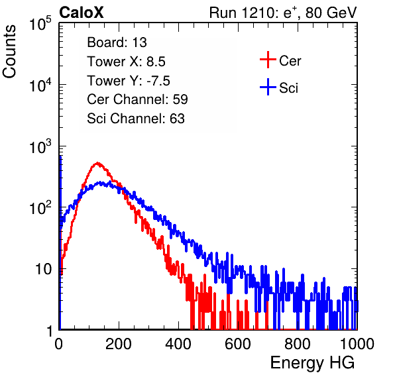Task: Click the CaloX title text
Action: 81,13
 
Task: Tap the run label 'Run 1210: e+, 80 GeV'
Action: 283,13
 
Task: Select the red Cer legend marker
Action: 268,60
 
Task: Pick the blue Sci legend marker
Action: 268,87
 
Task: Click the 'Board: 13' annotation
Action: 117,42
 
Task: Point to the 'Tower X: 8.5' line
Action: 126,62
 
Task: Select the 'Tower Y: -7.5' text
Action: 129,81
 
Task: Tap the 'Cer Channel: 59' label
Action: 137,99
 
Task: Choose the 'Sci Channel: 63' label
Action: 136,119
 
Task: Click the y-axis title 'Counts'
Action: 9,52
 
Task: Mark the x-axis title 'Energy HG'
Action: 312,363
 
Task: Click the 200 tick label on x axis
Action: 119,344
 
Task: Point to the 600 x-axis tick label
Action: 238,344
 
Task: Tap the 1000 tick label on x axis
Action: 357,344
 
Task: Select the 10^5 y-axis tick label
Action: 40,23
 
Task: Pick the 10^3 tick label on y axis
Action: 40,146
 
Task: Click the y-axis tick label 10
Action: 43,270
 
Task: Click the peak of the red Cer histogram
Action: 97,163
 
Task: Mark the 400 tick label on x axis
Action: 178,344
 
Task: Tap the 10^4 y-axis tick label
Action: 40,85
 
